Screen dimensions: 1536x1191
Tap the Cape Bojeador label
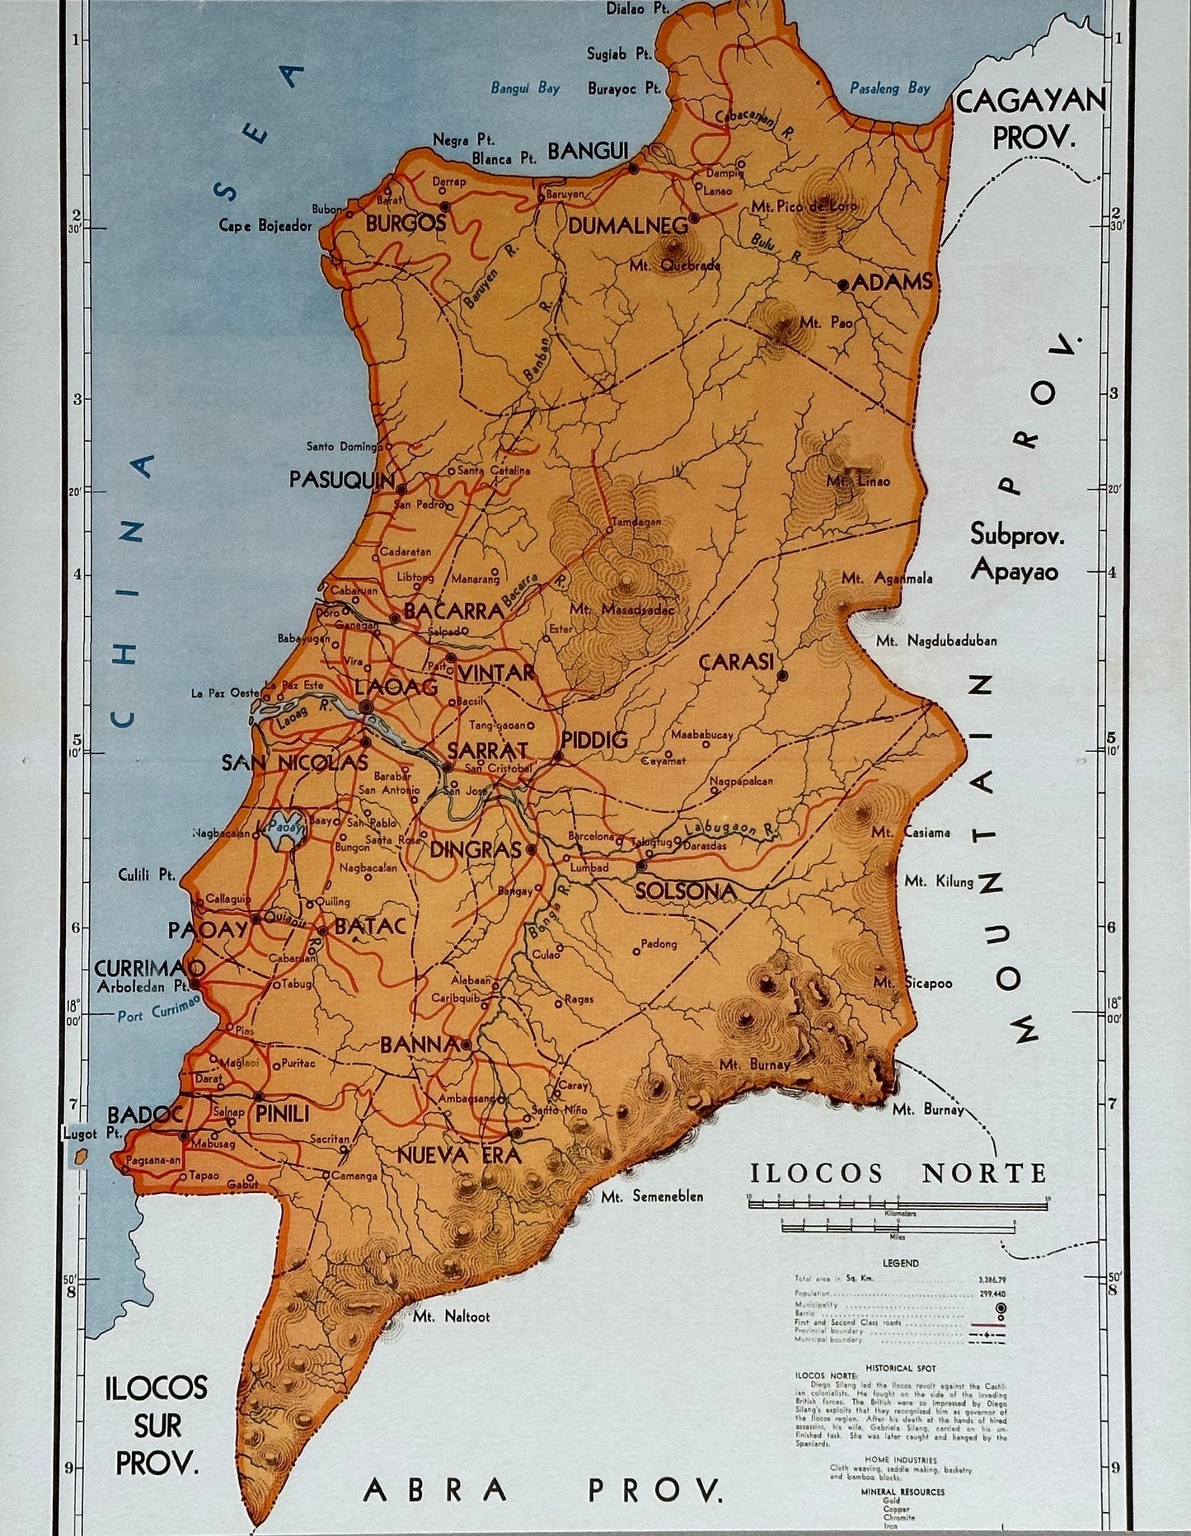(266, 224)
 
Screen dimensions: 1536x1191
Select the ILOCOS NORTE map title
(898, 1172)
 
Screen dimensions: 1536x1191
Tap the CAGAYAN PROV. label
(1030, 119)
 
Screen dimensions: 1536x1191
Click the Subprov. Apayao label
(1016, 551)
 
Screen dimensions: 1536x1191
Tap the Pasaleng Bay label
(895, 87)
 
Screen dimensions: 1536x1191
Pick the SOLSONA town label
(685, 891)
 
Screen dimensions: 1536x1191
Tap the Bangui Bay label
(525, 88)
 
